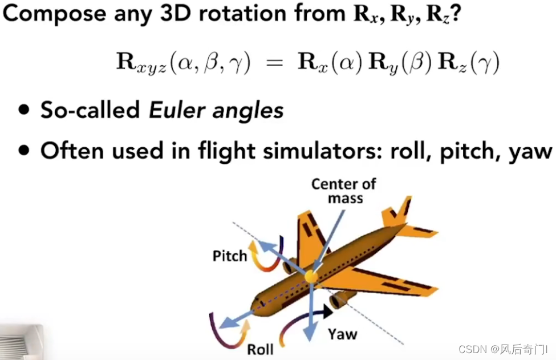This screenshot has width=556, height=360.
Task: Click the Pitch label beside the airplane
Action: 230,255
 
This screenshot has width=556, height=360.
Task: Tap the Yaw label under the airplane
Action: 343,334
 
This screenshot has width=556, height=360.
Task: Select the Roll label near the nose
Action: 259,349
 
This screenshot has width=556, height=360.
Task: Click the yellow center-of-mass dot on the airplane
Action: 311,277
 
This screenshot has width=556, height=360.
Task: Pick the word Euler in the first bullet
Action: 172,110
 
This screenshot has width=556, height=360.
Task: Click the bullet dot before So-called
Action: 24,110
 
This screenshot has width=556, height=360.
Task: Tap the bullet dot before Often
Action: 24,151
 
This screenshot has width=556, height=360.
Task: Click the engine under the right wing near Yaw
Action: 341,299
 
